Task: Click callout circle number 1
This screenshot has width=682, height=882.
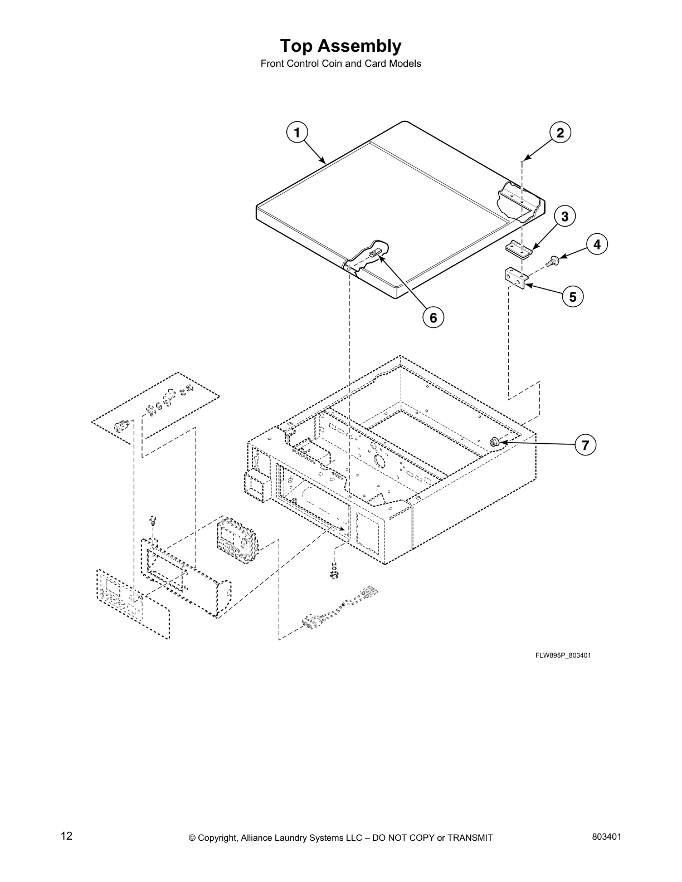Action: click(x=297, y=133)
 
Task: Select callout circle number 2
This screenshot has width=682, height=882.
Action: click(x=560, y=133)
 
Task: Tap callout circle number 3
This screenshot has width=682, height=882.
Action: click(x=564, y=217)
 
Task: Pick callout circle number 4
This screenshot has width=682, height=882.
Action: click(x=597, y=244)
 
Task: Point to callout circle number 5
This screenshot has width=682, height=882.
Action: click(x=573, y=296)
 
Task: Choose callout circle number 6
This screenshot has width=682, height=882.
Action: click(x=433, y=317)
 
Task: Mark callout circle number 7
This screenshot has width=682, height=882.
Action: click(x=585, y=445)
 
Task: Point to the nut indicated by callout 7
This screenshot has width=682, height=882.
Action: click(x=493, y=442)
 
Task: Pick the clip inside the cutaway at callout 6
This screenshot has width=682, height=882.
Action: click(x=375, y=253)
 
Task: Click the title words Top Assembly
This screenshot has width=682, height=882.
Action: click(x=340, y=46)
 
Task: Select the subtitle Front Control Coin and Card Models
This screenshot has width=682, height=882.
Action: click(x=340, y=63)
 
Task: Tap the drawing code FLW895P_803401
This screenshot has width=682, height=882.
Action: click(x=563, y=655)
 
